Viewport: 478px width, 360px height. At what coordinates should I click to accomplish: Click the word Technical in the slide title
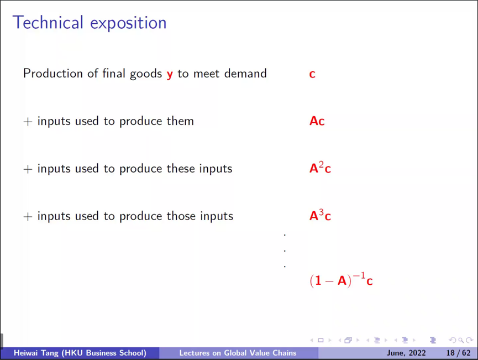[x=48, y=23]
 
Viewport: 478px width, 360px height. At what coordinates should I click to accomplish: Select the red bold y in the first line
[x=170, y=75]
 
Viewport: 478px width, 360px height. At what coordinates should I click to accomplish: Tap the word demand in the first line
[x=245, y=74]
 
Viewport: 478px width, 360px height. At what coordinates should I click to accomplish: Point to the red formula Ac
[x=317, y=121]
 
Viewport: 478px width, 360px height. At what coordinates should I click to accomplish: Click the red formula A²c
[x=320, y=168]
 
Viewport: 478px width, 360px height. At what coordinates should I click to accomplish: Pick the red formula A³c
[x=320, y=215]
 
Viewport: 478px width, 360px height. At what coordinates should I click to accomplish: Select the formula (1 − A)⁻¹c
[x=341, y=280]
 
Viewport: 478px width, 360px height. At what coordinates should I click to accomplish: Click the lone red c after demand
[x=312, y=74]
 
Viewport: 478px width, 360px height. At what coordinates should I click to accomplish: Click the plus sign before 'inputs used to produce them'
[x=28, y=122]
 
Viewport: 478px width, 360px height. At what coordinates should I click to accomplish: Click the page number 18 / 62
[x=458, y=353]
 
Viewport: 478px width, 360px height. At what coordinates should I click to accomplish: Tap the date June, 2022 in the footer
[x=406, y=353]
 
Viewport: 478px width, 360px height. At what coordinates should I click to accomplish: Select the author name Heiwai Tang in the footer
[x=36, y=353]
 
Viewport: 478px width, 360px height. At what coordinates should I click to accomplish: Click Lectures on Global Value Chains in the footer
[x=238, y=353]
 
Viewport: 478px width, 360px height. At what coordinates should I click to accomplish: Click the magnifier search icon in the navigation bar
[x=461, y=340]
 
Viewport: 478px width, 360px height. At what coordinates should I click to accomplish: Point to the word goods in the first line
[x=146, y=74]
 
